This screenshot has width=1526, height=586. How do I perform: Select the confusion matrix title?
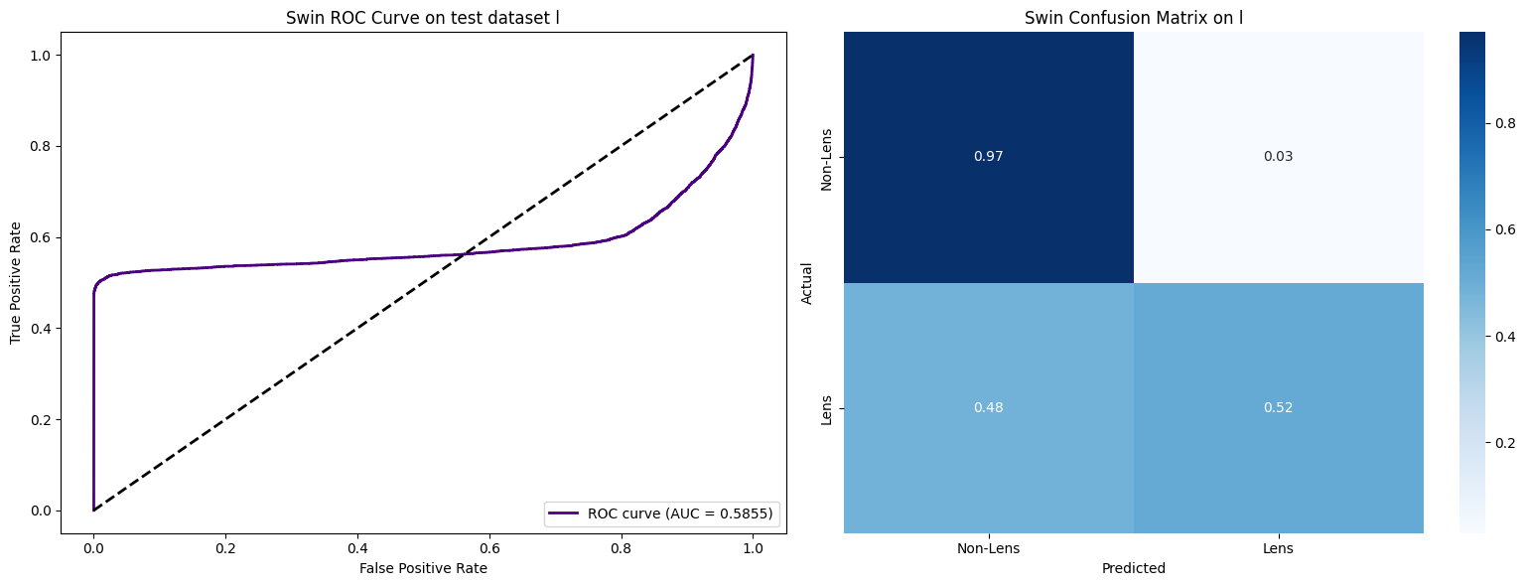1133,18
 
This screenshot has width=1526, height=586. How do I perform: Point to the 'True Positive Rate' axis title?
16,283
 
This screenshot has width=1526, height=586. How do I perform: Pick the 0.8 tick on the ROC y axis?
41,146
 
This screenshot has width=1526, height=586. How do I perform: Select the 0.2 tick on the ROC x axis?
225,548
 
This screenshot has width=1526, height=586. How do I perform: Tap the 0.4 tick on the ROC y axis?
41,329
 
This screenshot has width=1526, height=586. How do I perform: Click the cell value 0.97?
989,157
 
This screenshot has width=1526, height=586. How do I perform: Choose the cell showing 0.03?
1278,157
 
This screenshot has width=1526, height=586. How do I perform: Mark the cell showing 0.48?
989,408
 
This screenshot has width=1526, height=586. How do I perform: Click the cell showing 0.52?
1278,408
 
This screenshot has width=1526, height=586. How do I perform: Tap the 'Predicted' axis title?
1133,569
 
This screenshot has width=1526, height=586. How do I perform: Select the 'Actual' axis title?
807,283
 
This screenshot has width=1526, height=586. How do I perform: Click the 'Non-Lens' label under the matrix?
989,548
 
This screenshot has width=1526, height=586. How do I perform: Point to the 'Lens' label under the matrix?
1278,548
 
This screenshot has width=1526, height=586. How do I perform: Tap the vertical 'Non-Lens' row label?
826,157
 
